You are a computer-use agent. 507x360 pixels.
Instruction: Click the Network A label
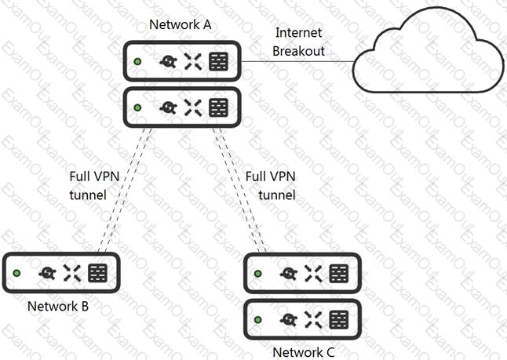[x=180, y=24]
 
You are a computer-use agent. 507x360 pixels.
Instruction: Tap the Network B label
[x=58, y=306]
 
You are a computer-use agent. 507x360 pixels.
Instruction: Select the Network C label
[x=303, y=352]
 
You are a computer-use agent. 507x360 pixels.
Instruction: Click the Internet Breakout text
[x=298, y=42]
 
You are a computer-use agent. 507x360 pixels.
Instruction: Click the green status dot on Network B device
[x=16, y=273]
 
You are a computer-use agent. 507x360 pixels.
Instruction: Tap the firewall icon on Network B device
[x=97, y=273]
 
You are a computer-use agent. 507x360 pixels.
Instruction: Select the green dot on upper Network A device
[x=137, y=61]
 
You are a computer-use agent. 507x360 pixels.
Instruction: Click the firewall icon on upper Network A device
[x=219, y=61]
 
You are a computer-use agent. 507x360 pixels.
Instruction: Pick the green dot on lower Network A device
[x=137, y=107]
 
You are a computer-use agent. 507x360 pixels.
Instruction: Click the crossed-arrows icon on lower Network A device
[x=193, y=107]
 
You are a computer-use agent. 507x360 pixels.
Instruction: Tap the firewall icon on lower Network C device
[x=338, y=319]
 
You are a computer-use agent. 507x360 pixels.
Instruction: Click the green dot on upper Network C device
[x=257, y=274]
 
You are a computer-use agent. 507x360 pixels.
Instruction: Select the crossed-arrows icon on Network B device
[x=72, y=273]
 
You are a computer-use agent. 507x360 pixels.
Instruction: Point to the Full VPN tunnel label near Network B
[x=94, y=186]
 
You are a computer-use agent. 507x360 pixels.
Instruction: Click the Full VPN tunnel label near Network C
[x=270, y=186]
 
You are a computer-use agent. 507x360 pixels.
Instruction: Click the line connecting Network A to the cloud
[x=297, y=61]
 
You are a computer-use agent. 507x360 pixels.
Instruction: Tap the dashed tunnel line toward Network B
[x=125, y=190]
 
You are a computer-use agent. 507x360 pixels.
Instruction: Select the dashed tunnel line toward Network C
[x=239, y=190]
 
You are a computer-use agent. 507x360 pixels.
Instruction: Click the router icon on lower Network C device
[x=289, y=319]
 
